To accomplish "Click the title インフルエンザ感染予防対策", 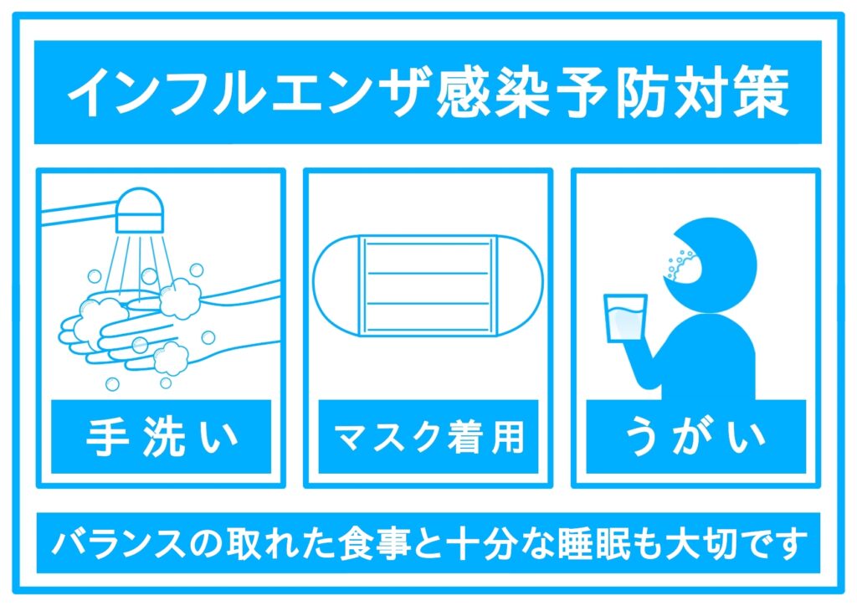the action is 428,92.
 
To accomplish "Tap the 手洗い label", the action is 162,437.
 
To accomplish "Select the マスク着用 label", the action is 428,437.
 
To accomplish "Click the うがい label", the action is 695,437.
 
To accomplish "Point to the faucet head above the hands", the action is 140,210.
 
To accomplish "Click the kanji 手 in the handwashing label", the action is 106,437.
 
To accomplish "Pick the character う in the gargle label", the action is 641,437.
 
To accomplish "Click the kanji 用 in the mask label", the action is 508,437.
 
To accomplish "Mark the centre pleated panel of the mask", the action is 428,285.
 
